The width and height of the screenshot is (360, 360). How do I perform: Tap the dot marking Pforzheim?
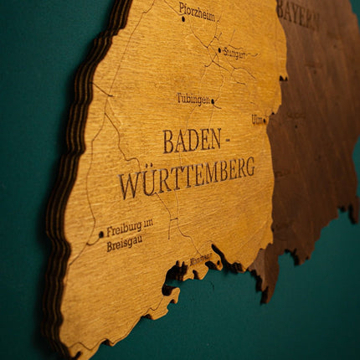pyautogui.click(x=183, y=18)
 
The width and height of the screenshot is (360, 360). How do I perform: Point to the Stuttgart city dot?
pyautogui.click(x=220, y=50)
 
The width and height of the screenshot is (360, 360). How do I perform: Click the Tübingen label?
pyautogui.click(x=193, y=98)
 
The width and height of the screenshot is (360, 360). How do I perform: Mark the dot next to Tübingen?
pyautogui.click(x=213, y=101)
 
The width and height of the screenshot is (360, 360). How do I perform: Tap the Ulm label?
pyautogui.click(x=257, y=120)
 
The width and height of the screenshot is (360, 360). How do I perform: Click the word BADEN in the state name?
pyautogui.click(x=192, y=141)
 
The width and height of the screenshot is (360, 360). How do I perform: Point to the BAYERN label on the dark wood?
pyautogui.click(x=298, y=13)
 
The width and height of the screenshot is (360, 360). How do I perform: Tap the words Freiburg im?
pyautogui.click(x=130, y=226)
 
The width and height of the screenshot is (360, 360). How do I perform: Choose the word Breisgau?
pyautogui.click(x=124, y=243)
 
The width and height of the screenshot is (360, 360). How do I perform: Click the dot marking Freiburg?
pyautogui.click(x=101, y=234)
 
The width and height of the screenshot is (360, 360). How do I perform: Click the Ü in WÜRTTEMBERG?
pyautogui.click(x=147, y=182)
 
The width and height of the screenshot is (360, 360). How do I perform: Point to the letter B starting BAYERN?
pyautogui.click(x=282, y=11)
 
